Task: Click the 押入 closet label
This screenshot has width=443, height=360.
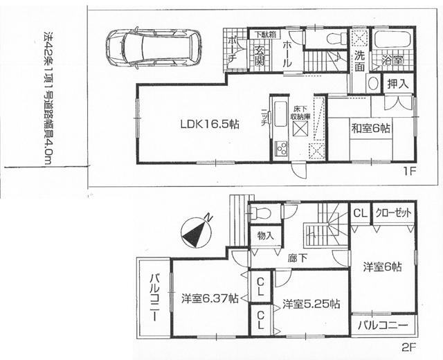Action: tap(397, 84)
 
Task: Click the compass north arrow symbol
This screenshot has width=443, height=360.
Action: tap(197, 232)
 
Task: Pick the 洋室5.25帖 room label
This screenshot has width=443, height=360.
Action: tap(310, 304)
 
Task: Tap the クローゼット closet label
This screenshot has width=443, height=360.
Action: tap(393, 213)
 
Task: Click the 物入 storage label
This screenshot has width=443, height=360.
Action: tap(265, 236)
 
